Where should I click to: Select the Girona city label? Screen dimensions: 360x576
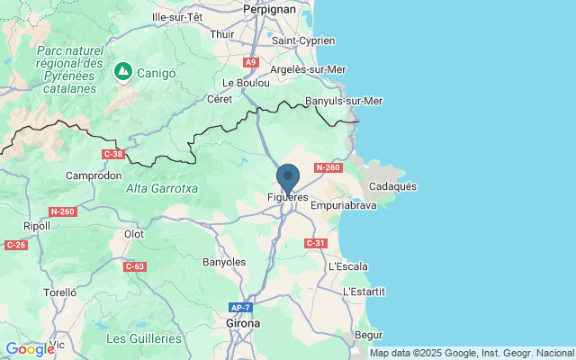click(x=243, y=322)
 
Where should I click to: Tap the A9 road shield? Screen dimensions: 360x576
click(x=251, y=62)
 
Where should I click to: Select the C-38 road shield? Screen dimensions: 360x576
click(x=113, y=154)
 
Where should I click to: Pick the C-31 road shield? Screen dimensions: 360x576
click(x=315, y=243)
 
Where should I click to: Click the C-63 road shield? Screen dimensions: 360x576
click(x=135, y=265)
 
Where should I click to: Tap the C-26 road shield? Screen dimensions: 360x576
click(x=16, y=245)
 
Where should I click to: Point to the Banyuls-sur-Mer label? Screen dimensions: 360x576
click(x=344, y=101)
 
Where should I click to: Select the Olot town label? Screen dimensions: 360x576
click(x=133, y=234)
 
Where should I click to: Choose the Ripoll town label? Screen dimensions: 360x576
click(x=37, y=226)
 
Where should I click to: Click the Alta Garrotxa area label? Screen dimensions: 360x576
click(x=162, y=188)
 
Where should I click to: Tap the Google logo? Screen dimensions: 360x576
click(x=30, y=348)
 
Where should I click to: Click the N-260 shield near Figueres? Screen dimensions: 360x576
click(x=328, y=168)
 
